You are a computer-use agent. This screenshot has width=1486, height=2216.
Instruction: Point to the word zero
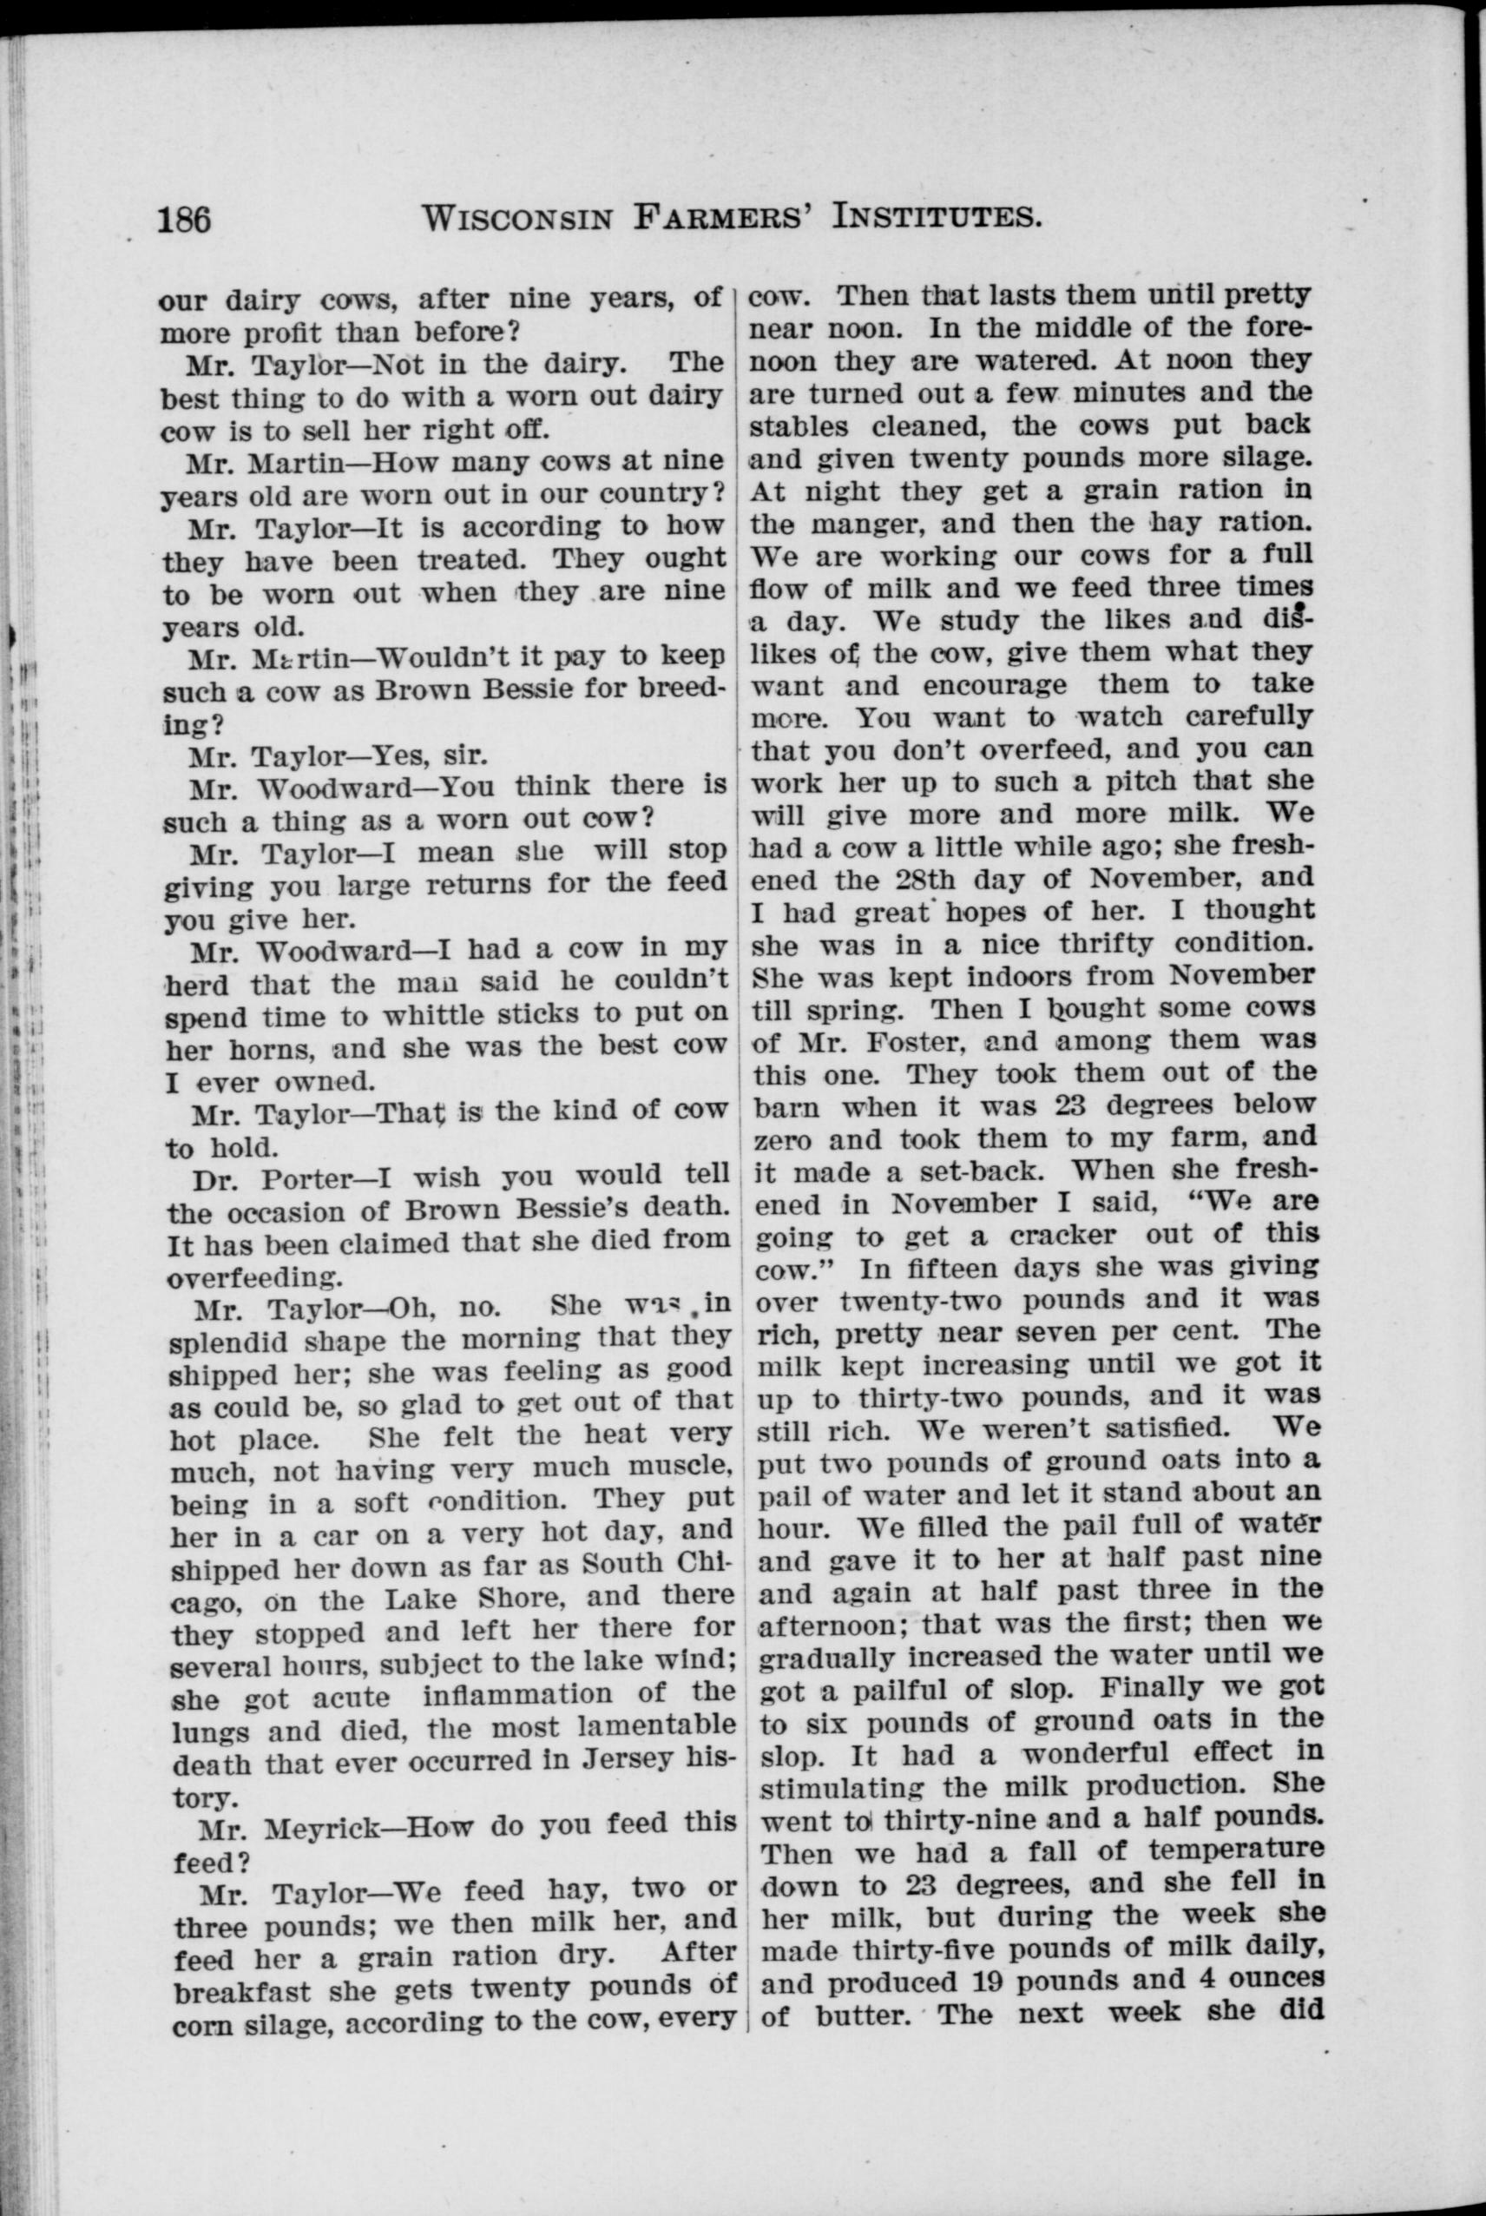[x=778, y=1138]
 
